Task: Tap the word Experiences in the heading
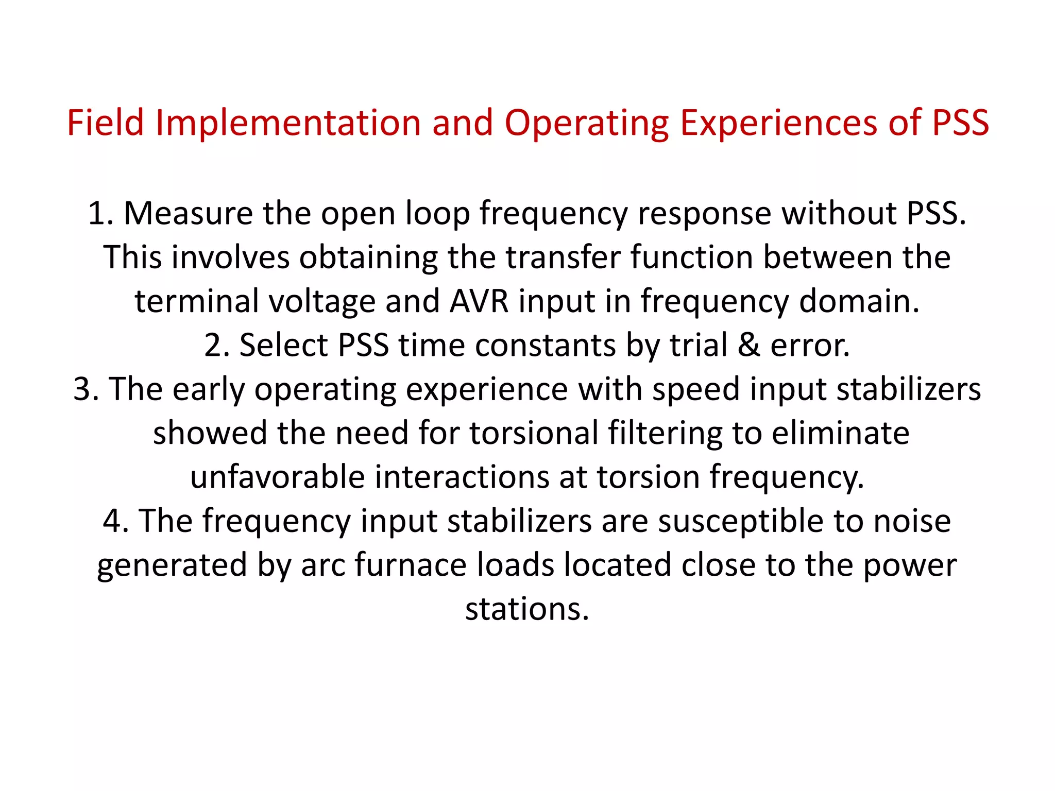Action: pyautogui.click(x=778, y=123)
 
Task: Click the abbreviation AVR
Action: pyautogui.click(x=479, y=301)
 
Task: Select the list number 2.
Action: pyautogui.click(x=215, y=345)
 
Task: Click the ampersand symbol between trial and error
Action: pyautogui.click(x=748, y=345)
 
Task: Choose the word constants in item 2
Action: pyautogui.click(x=545, y=345)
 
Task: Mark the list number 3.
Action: pyautogui.click(x=84, y=389)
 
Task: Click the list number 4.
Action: pyautogui.click(x=114, y=521)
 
